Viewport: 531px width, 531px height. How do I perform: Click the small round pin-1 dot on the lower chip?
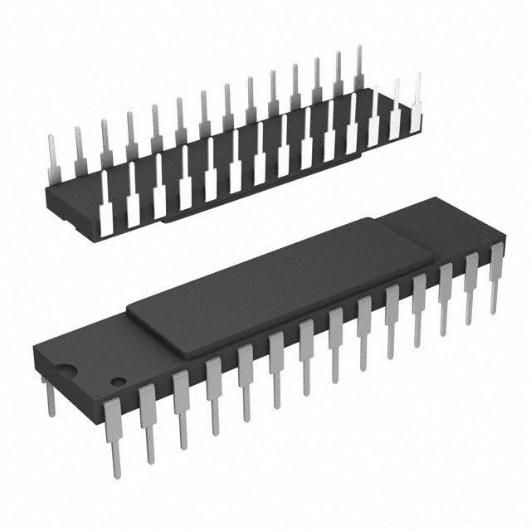[x=119, y=382]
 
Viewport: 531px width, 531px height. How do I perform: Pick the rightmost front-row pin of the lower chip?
[x=496, y=274]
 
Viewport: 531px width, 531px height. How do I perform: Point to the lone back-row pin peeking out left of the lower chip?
[x=50, y=397]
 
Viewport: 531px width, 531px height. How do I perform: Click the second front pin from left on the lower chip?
[x=148, y=419]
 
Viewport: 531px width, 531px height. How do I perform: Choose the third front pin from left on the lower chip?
[x=181, y=407]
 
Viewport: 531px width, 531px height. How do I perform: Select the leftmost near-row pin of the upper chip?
[x=105, y=212]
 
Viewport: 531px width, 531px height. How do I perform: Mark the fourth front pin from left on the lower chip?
[x=213, y=394]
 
